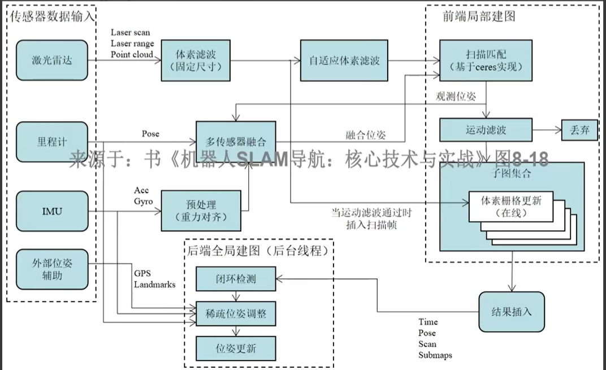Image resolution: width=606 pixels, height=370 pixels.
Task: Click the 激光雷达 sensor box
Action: pos(52,60)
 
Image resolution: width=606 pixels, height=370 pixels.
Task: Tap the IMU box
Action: pos(52,212)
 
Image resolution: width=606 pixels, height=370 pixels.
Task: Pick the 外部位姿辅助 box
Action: pos(52,268)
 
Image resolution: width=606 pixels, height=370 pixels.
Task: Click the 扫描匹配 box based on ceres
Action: pos(486,60)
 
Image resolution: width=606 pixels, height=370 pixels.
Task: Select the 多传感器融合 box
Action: pos(236,141)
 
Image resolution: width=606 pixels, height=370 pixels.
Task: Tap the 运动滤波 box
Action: pos(486,130)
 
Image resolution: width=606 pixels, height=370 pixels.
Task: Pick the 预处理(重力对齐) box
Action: pos(197,210)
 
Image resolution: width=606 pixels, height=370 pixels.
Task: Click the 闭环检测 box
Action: pos(236,277)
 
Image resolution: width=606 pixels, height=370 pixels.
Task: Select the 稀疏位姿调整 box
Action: pos(236,312)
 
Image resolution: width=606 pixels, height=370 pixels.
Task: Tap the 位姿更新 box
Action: pos(236,347)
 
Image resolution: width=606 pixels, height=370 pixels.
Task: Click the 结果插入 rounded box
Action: pos(512,312)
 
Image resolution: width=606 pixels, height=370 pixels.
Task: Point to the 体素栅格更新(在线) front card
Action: pos(511,206)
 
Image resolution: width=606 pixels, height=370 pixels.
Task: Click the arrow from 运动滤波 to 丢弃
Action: pos(546,130)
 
